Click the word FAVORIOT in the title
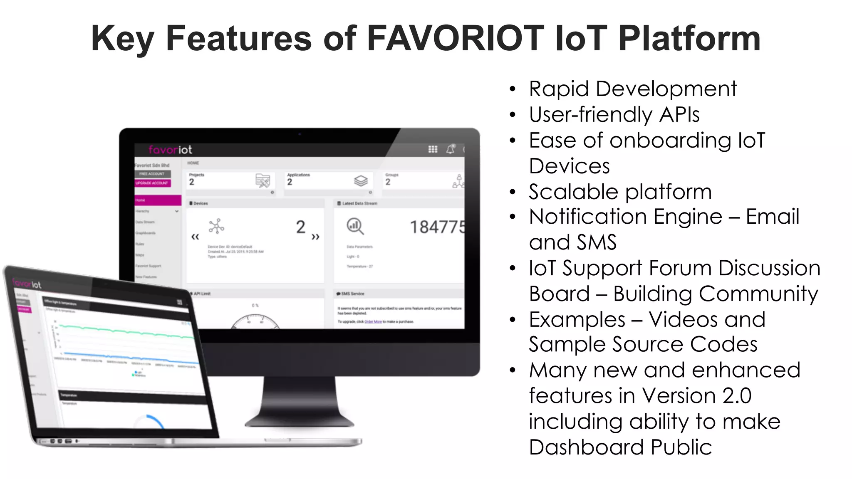pyautogui.click(x=456, y=38)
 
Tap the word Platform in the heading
pyautogui.click(x=689, y=38)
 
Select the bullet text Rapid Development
pyautogui.click(x=632, y=89)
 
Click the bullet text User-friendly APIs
pyautogui.click(x=614, y=115)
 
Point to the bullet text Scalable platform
pyautogui.click(x=620, y=192)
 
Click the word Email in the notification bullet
pyautogui.click(x=772, y=217)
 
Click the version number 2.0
pyautogui.click(x=737, y=396)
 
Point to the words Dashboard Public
pyautogui.click(x=620, y=447)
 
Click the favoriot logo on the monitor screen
pyautogui.click(x=170, y=150)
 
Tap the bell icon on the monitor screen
pyautogui.click(x=451, y=149)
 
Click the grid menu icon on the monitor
pyautogui.click(x=433, y=149)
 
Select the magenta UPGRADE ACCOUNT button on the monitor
pyautogui.click(x=152, y=183)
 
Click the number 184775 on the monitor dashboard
pyautogui.click(x=437, y=227)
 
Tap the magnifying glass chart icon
pyautogui.click(x=355, y=227)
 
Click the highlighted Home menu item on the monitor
pyautogui.click(x=158, y=200)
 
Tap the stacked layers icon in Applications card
pyautogui.click(x=361, y=181)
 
